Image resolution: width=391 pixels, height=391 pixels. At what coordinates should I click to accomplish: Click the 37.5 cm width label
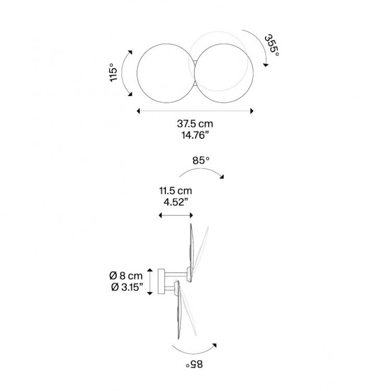click(195, 124)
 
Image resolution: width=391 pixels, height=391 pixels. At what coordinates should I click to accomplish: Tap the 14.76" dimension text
click(195, 135)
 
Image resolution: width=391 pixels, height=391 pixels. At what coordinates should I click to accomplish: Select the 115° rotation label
click(113, 72)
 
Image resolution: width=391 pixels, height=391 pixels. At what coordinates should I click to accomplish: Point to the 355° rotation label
click(272, 45)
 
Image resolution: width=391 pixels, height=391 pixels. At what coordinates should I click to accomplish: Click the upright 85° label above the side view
click(201, 161)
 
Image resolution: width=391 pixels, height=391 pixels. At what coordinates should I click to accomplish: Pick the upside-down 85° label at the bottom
click(194, 364)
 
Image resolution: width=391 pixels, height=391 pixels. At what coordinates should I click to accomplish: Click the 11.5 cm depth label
click(176, 191)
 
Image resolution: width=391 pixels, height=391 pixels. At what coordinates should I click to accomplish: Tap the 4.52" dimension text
click(176, 202)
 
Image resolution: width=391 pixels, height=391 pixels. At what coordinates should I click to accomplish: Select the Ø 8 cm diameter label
click(126, 276)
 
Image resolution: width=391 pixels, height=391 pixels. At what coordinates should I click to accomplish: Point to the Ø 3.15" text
click(127, 287)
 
